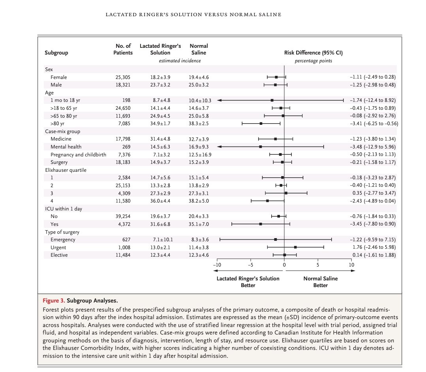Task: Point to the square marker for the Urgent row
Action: (296, 247)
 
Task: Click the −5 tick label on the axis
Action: (250, 265)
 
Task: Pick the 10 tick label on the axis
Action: (351, 265)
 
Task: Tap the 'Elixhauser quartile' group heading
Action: (66, 170)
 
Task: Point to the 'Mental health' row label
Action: (66, 147)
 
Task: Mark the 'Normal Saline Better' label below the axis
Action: (320, 282)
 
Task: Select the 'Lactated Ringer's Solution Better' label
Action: (248, 282)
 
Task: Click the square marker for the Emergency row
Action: (276, 239)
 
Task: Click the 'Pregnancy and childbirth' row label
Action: (78, 154)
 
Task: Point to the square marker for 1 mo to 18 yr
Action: (272, 100)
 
